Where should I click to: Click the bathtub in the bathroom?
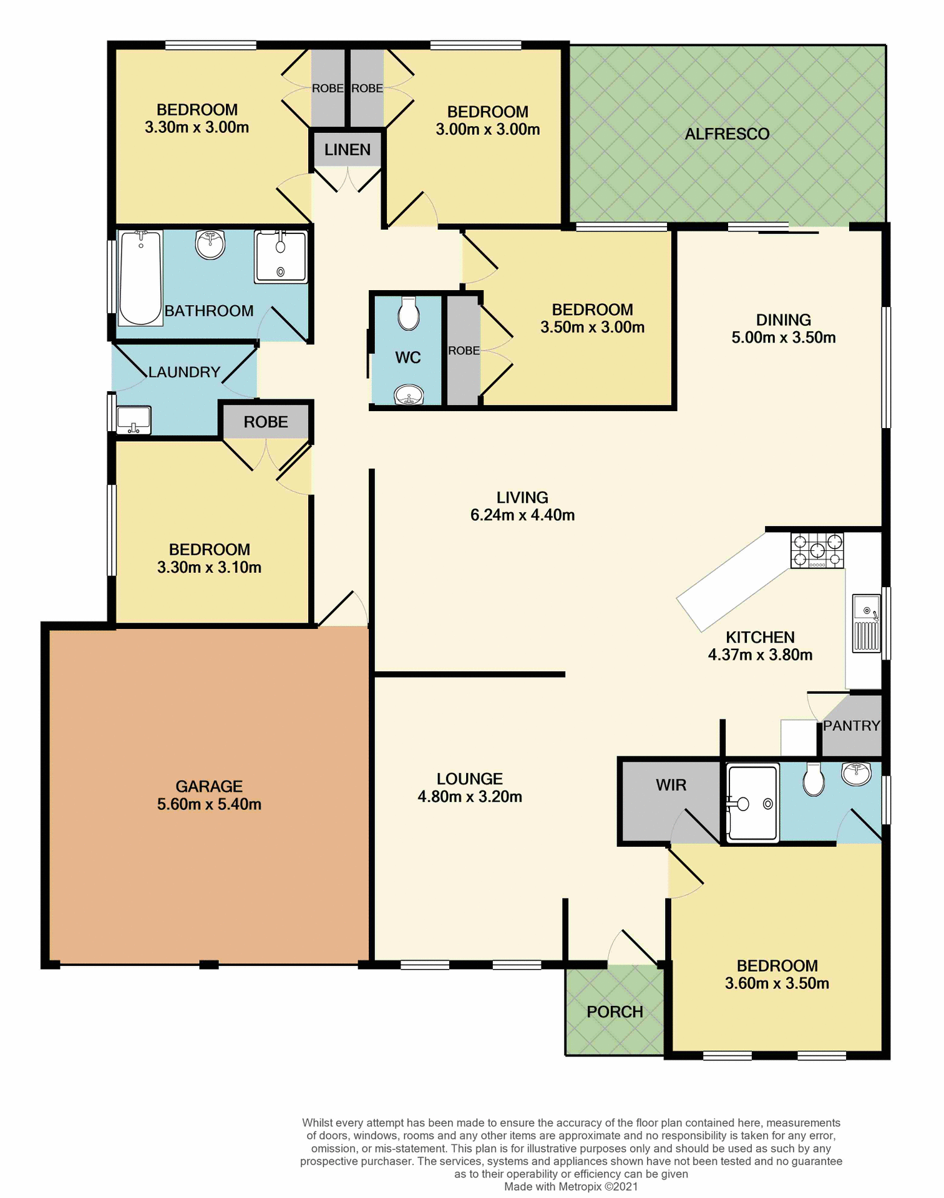pyautogui.click(x=140, y=278)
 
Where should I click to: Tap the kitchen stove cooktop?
pyautogui.click(x=817, y=550)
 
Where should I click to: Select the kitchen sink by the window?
pyautogui.click(x=867, y=623)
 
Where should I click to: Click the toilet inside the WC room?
pyautogui.click(x=408, y=313)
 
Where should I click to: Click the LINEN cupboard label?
pyautogui.click(x=347, y=150)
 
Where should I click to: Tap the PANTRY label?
pyautogui.click(x=851, y=726)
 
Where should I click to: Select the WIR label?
pyautogui.click(x=671, y=785)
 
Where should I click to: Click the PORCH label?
pyautogui.click(x=615, y=1012)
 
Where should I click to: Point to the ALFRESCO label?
pyautogui.click(x=727, y=134)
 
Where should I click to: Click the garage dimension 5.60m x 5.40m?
pyautogui.click(x=209, y=804)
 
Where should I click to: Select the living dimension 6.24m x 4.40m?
pyautogui.click(x=522, y=515)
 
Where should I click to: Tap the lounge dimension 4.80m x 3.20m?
pyautogui.click(x=470, y=797)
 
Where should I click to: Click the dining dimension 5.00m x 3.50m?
pyautogui.click(x=783, y=338)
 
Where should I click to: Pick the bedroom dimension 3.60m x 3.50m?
pyautogui.click(x=777, y=984)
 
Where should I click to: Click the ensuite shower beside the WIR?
pyautogui.click(x=753, y=803)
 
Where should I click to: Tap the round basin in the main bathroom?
pyautogui.click(x=210, y=245)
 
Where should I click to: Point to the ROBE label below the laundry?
pyautogui.click(x=266, y=422)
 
